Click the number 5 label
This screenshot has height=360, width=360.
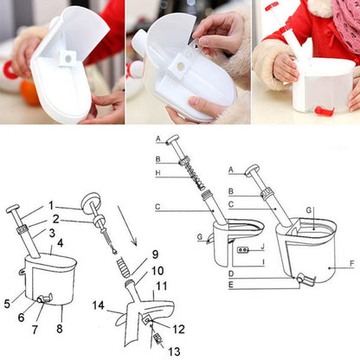pyautogui.click(x=7, y=304)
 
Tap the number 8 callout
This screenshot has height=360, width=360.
pyautogui.click(x=60, y=328)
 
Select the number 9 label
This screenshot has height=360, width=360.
pyautogui.click(x=155, y=254)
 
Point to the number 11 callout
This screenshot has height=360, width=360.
pyautogui.click(x=161, y=286)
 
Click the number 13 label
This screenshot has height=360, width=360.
pyautogui.click(x=174, y=351)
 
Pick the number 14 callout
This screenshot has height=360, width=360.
pyautogui.click(x=98, y=305)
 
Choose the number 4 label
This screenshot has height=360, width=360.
pyautogui.click(x=60, y=243)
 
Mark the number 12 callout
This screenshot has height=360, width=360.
pyautogui.click(x=178, y=329)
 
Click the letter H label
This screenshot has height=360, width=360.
pyautogui.click(x=157, y=173)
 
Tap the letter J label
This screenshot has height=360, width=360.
pyautogui.click(x=262, y=247)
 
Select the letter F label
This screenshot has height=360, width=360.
pyautogui.click(x=352, y=263)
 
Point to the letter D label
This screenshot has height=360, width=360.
pyautogui.click(x=231, y=273)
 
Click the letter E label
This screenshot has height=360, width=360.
pyautogui.click(x=231, y=285)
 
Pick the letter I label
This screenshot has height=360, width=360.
pyautogui.click(x=262, y=261)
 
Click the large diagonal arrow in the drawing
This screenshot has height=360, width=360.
pyautogui.click(x=127, y=225)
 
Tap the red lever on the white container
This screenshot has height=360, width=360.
pyautogui.click(x=325, y=111)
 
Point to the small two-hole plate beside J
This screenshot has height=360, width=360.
pyautogui.click(x=243, y=250)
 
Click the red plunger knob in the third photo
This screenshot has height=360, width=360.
pyautogui.click(x=273, y=6)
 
